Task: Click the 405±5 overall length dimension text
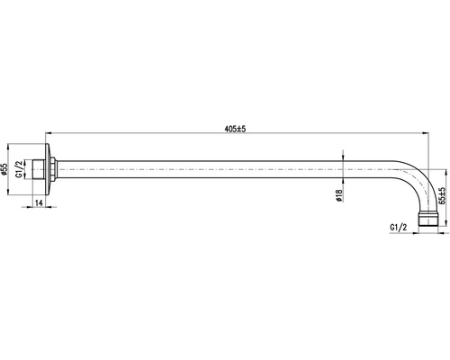pos(235,129)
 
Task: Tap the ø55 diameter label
pos(4,169)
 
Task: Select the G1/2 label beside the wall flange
pos(19,169)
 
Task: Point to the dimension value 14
pos(39,202)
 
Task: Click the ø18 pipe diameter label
pos(339,195)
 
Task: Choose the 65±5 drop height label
pos(442,195)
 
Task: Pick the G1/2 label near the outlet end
pos(399,228)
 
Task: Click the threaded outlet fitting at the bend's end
pos(428,219)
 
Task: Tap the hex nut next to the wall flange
pos(53,169)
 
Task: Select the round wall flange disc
pos(48,169)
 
